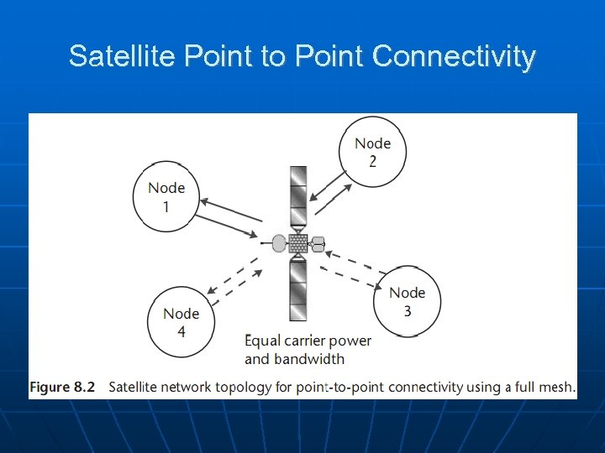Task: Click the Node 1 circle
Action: pos(166,196)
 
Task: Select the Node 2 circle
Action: pos(371,151)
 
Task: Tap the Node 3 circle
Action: pos(407,300)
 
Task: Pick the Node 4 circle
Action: pos(181,321)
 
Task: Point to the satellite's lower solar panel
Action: pos(298,289)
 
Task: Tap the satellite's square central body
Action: pos(298,243)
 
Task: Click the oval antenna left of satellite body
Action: pos(279,243)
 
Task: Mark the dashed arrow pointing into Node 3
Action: pos(354,276)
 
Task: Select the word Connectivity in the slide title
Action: pos(453,56)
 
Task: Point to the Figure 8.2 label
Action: pos(62,387)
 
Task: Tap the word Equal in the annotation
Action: pos(263,341)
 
